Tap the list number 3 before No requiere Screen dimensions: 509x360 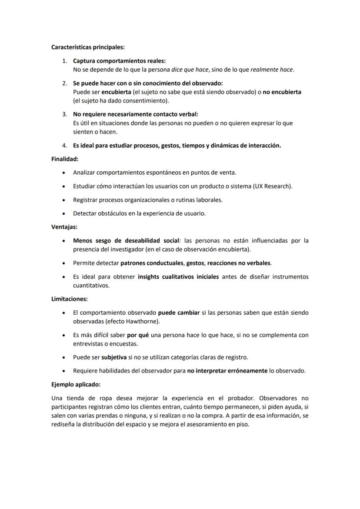pos(64,114)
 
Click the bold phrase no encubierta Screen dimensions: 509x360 pos(282,92)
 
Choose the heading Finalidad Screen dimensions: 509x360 pos(65,159)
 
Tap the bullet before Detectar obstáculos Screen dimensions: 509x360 pos(64,213)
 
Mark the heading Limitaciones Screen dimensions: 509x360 pos(70,299)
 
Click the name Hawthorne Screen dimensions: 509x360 pos(142,322)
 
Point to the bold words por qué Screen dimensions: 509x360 pos(135,335)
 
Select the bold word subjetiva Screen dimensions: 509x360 pos(114,358)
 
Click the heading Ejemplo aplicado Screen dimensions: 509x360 pos(76,385)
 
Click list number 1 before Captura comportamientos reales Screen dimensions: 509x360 pos(64,61)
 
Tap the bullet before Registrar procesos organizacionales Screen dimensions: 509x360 pos(64,200)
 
